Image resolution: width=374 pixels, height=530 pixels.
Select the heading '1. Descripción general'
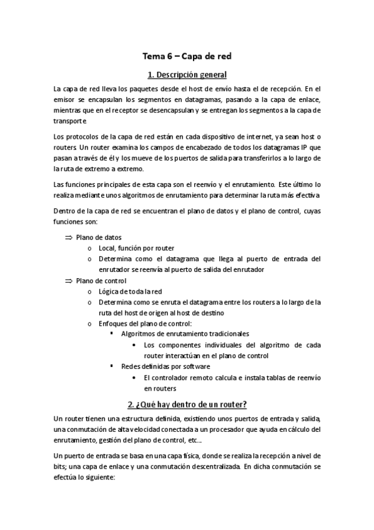(187, 76)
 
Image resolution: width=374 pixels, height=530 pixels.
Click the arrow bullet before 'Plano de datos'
(69, 237)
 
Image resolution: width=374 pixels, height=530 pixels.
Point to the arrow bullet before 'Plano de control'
(69, 281)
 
